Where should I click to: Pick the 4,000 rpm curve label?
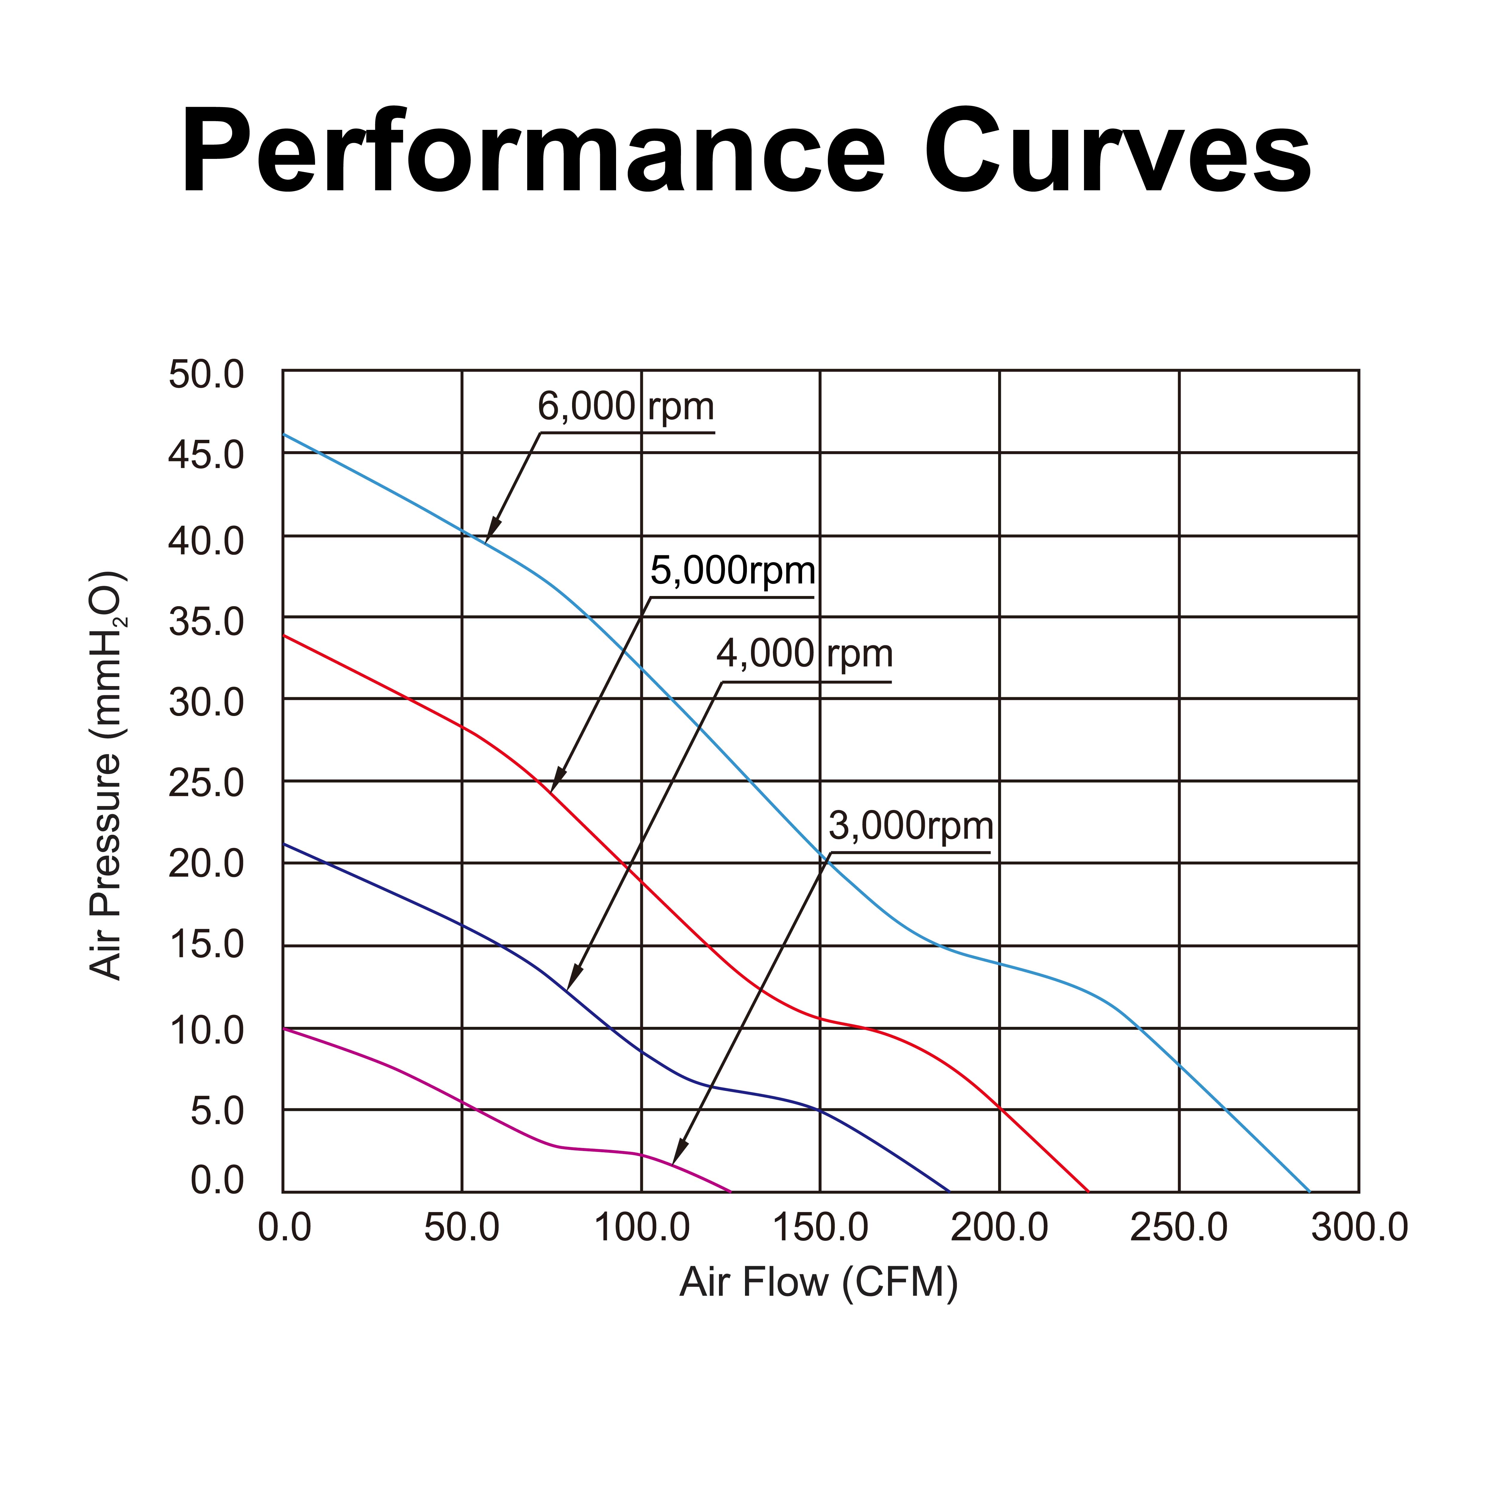pyautogui.click(x=804, y=654)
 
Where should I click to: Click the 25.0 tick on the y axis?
pyautogui.click(x=206, y=784)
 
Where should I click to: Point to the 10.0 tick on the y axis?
pyautogui.click(x=206, y=1031)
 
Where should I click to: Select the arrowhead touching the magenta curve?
pyautogui.click(x=678, y=1154)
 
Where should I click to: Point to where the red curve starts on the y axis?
pyautogui.click(x=283, y=636)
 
